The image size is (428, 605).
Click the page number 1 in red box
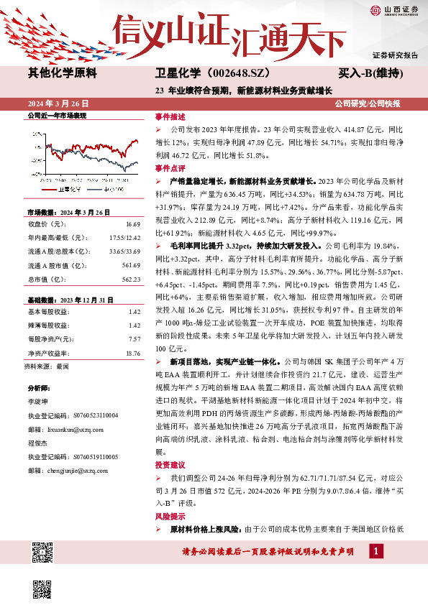375,552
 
